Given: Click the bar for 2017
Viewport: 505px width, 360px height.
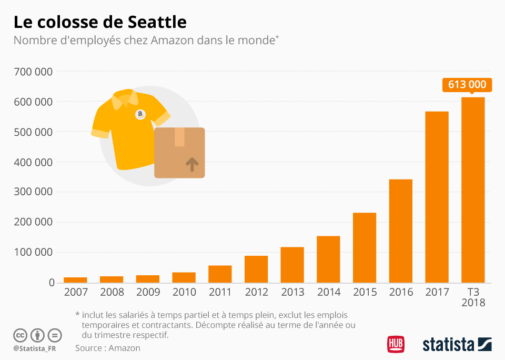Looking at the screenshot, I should tap(437, 197).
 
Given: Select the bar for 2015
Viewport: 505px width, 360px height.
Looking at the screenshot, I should tap(365, 247).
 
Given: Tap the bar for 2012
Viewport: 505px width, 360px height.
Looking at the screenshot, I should tap(256, 269).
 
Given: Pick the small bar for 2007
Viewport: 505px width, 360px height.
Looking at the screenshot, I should tap(75, 279).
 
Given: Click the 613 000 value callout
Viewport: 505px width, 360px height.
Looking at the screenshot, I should tap(467, 84).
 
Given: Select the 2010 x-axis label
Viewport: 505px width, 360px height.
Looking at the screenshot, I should tap(184, 292).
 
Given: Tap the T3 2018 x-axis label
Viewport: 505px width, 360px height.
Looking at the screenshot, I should tap(473, 297).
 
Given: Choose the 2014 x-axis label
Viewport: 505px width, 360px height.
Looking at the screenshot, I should tap(328, 292).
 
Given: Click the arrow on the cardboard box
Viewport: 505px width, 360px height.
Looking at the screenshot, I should tap(193, 164).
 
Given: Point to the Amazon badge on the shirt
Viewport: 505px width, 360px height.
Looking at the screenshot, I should tap(140, 114).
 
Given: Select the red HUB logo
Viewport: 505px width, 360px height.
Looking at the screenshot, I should tap(396, 344).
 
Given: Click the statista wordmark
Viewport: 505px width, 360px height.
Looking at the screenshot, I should tap(448, 345).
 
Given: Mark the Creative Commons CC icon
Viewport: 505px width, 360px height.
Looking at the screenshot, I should tap(20, 335).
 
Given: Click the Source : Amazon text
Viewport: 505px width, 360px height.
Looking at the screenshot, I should tap(108, 348).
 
